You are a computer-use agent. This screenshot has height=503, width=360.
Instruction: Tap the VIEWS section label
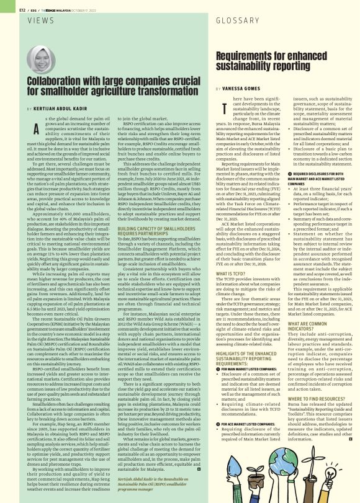coord(40,20)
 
